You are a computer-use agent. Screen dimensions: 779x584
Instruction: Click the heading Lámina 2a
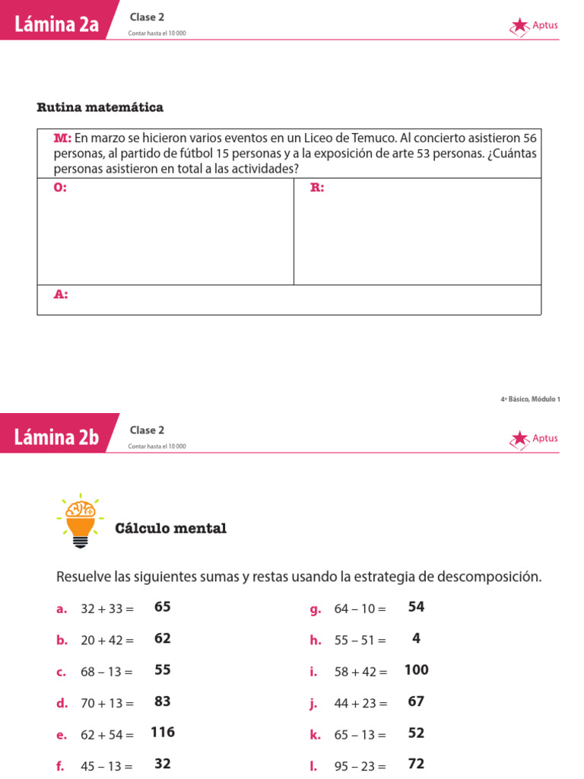point(56,24)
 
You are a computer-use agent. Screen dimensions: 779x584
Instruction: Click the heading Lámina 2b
point(56,437)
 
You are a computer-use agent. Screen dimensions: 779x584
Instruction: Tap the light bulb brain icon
point(81,520)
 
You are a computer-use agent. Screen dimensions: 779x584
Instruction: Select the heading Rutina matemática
point(100,107)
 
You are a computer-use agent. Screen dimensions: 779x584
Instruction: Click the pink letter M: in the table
point(62,138)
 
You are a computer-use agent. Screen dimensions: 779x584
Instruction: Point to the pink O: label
point(60,188)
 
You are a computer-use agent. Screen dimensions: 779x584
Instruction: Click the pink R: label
point(317,188)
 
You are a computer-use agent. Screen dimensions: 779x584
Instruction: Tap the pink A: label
point(61,294)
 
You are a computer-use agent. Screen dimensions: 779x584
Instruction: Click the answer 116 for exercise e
point(163,733)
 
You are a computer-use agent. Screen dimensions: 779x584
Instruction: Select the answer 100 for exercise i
point(416,670)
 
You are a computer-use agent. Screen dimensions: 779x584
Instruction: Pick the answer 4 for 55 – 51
point(416,639)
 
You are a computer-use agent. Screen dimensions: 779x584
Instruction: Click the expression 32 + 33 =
point(106,609)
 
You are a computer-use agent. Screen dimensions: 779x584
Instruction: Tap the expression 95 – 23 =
point(360,766)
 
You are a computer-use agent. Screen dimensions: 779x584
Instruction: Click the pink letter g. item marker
point(316,609)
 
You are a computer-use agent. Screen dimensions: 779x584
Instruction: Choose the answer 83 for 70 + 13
point(162,701)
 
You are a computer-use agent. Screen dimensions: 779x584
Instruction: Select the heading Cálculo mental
point(170,529)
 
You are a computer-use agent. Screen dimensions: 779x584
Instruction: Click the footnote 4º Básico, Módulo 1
point(530,398)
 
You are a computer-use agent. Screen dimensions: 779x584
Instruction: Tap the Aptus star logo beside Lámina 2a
point(520,26)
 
